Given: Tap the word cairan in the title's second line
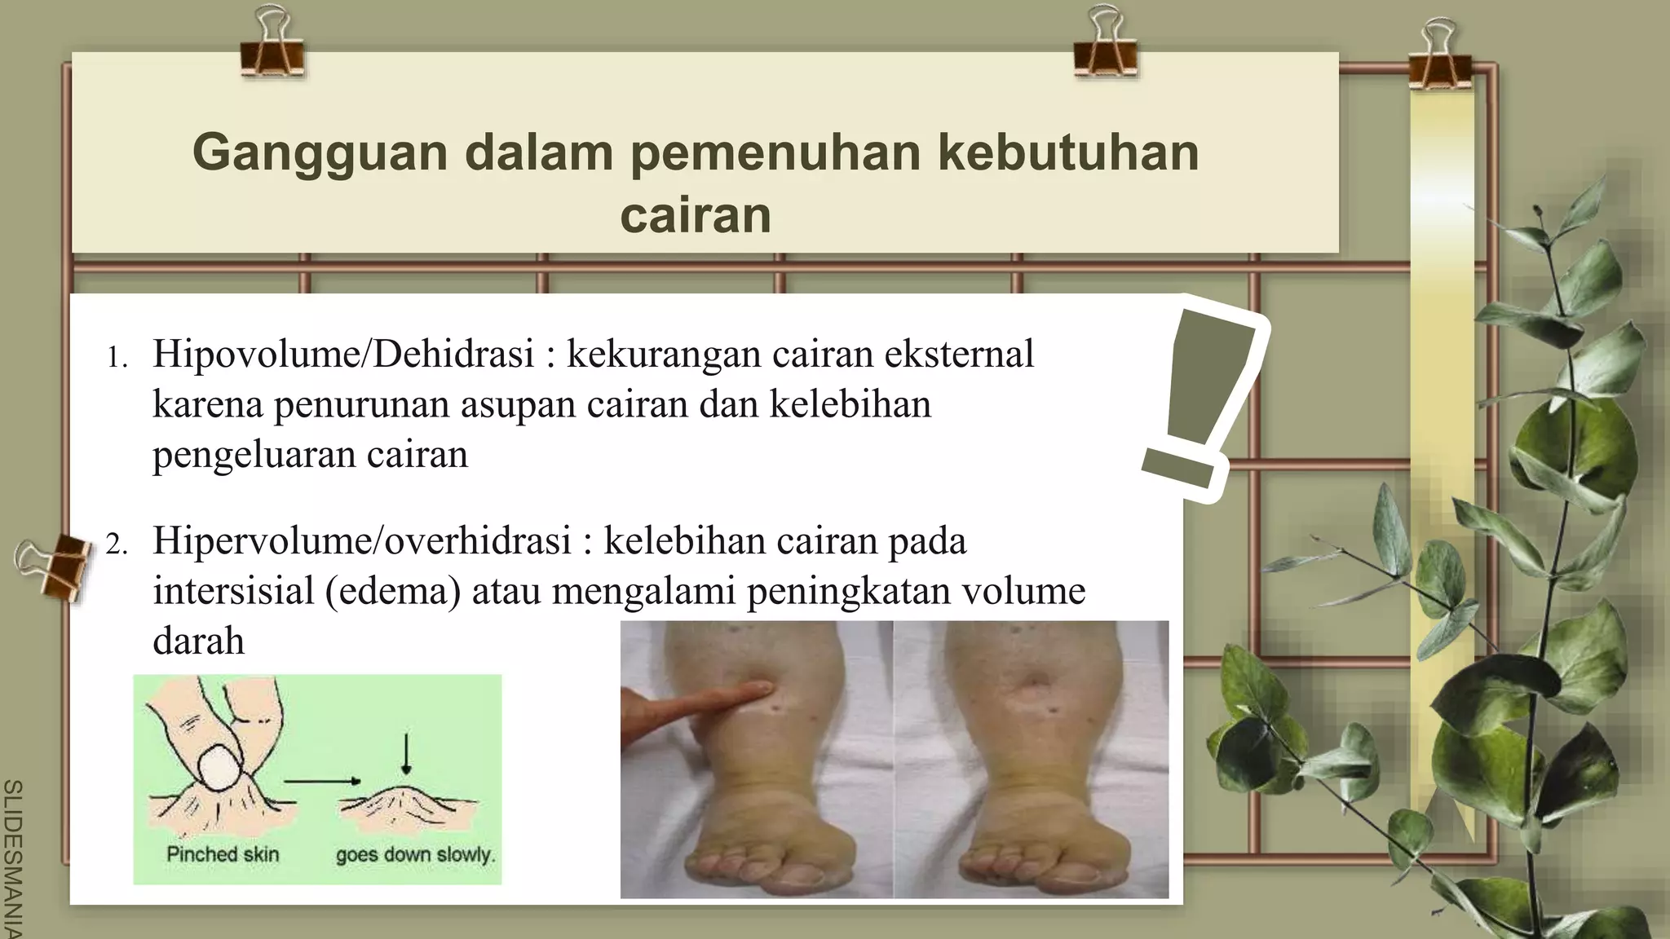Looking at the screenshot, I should pos(696,215).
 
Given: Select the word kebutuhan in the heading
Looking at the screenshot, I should pos(1068,152).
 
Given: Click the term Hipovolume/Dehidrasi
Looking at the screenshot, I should pos(342,355).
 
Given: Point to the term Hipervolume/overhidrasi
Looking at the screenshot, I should pos(362,541).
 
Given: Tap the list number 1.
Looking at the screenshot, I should pos(117,359).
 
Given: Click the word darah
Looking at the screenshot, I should pos(198,641).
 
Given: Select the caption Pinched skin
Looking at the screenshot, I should pos(223,854).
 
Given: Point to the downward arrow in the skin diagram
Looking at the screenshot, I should pos(406,755).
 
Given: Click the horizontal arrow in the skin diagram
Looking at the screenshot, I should pos(321,781).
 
